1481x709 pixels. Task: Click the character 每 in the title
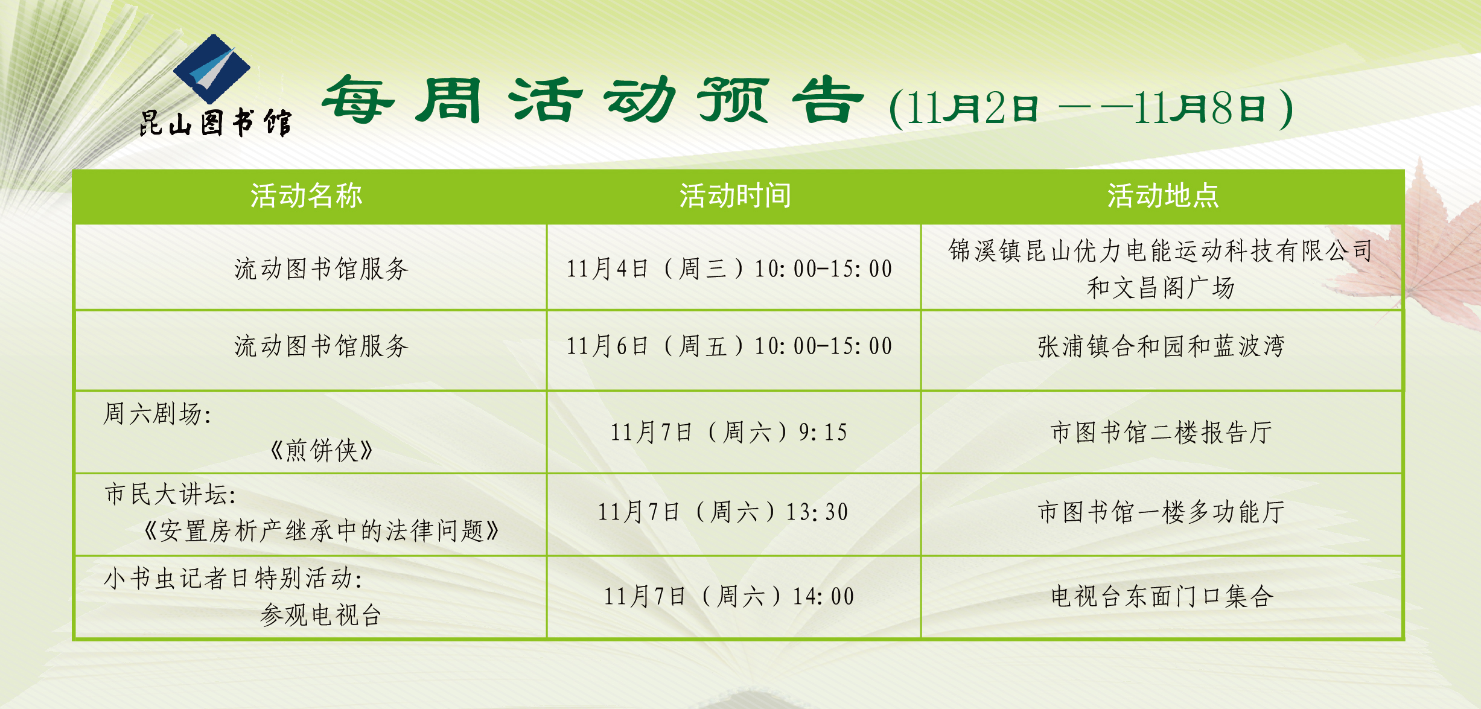point(358,100)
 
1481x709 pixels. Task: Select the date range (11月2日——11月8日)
point(1091,109)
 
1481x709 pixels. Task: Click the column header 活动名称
point(307,196)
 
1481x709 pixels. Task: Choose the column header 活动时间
point(735,196)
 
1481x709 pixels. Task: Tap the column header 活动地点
point(1163,196)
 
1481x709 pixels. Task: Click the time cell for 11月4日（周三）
point(729,269)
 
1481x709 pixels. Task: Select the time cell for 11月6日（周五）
point(729,346)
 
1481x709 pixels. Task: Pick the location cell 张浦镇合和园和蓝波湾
point(1161,346)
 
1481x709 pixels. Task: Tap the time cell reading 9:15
point(729,432)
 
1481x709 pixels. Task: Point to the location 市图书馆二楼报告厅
point(1161,433)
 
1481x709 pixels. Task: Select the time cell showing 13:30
point(723,512)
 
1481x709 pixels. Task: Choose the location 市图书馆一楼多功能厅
point(1161,512)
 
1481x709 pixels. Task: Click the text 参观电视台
point(321,615)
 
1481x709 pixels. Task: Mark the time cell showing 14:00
point(729,596)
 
